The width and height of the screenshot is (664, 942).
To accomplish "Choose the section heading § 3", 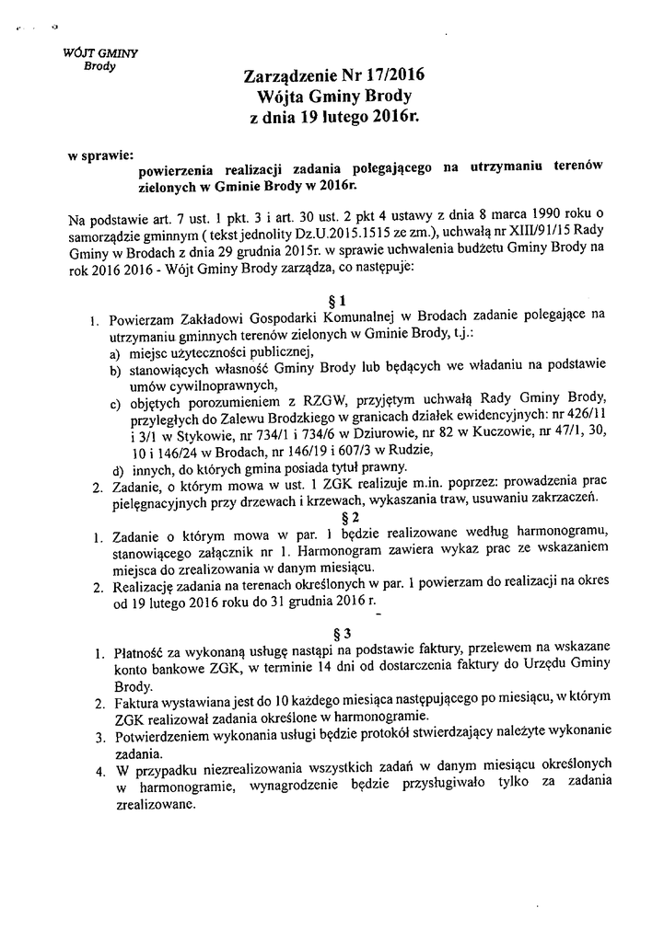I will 341,633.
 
